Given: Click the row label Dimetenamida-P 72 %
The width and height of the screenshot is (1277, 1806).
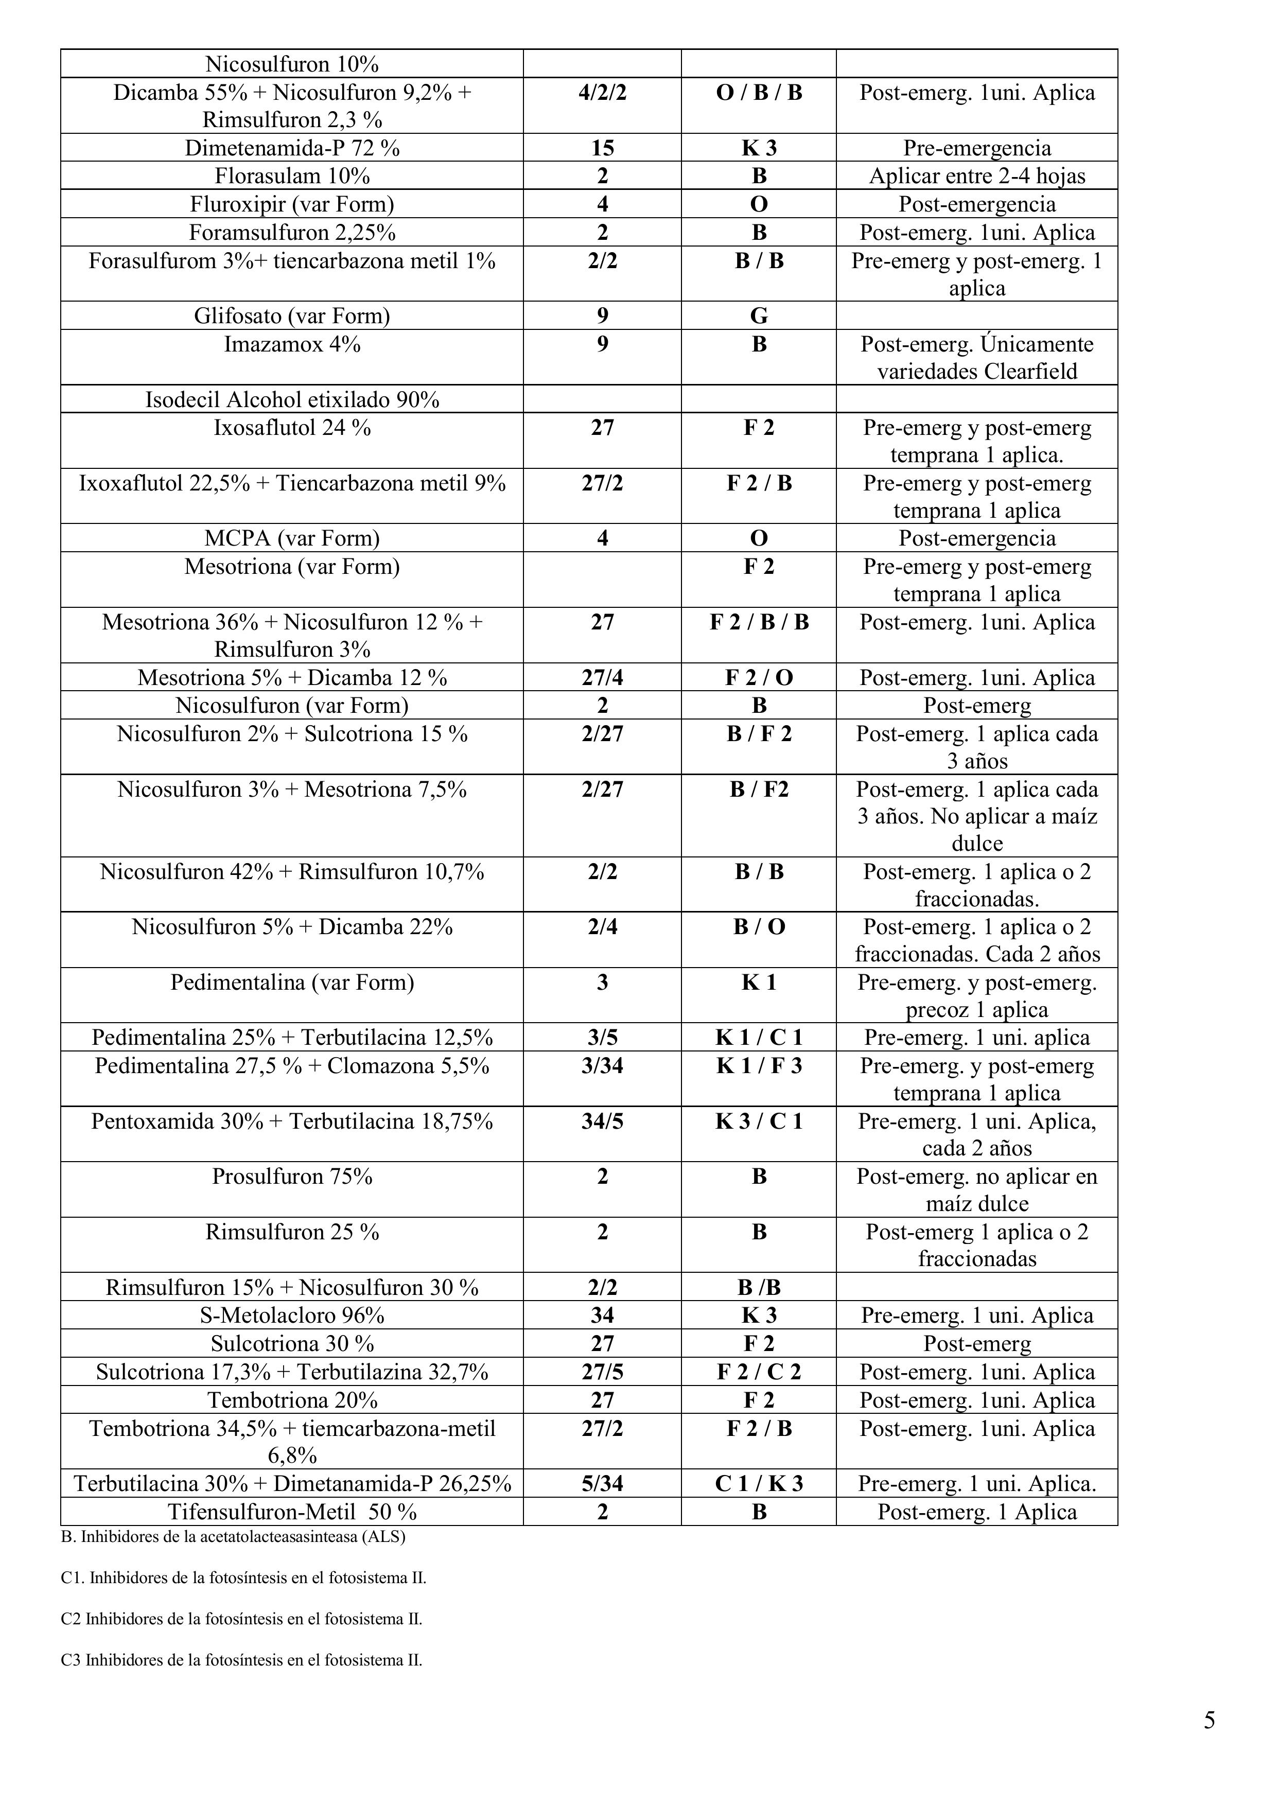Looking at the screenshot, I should point(292,148).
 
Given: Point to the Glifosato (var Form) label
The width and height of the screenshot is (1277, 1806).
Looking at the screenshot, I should point(292,316).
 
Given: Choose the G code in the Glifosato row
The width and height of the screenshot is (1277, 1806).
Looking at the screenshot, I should point(759,316).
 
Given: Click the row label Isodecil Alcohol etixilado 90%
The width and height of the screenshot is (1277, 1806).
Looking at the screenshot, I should point(292,399).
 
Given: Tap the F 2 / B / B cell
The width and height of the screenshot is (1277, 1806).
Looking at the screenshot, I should point(759,623).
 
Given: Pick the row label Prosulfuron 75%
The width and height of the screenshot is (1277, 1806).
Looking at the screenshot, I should point(292,1177).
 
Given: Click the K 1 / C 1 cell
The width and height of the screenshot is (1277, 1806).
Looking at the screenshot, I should point(759,1038).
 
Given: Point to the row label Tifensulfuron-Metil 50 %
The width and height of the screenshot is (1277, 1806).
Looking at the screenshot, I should point(292,1512).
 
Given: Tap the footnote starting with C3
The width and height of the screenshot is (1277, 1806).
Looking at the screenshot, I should point(241,1660).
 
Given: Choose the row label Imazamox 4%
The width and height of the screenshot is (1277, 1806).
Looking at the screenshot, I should point(292,344).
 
